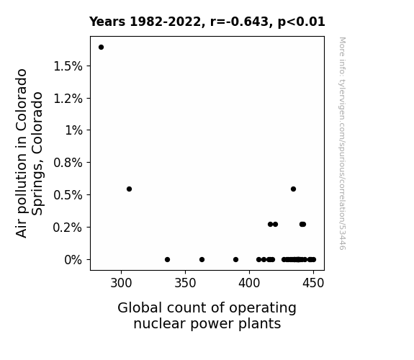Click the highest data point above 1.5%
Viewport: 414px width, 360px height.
[101, 48]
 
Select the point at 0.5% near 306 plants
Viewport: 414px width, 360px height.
[129, 189]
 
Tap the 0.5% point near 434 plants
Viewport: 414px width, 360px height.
[293, 189]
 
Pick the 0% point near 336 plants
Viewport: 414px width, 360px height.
[167, 260]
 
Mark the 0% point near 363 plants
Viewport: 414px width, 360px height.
[202, 260]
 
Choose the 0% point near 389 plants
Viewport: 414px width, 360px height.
[235, 260]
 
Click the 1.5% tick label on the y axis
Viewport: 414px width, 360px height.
[68, 66]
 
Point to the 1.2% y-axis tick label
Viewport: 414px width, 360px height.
[68, 99]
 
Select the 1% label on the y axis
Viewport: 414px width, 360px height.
[73, 130]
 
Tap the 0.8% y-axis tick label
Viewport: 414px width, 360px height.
[68, 163]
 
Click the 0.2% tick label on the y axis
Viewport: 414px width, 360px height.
[68, 228]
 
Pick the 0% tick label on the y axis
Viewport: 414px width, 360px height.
[73, 260]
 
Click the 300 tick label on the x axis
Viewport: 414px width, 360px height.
[121, 283]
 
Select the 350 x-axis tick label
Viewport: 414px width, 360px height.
[185, 283]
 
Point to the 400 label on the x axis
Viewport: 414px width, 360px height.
[249, 283]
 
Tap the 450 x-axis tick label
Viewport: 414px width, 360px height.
[313, 283]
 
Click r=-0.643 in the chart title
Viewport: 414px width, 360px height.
[239, 22]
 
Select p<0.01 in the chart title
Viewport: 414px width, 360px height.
[301, 22]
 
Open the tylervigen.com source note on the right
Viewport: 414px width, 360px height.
[343, 143]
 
